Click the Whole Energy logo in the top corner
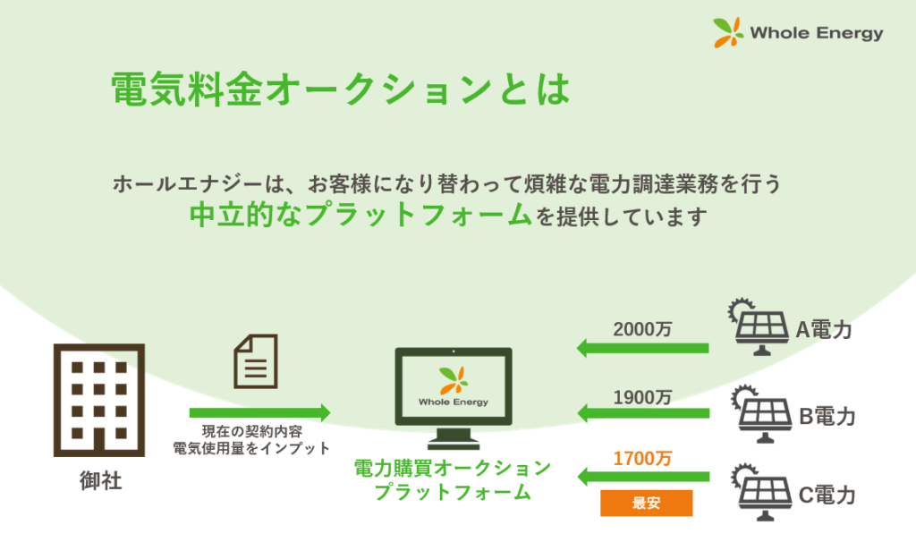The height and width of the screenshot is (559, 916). (798, 32)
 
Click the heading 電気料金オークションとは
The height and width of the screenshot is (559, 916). (341, 89)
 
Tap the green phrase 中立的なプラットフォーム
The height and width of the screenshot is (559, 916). (360, 215)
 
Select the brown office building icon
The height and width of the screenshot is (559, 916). (99, 400)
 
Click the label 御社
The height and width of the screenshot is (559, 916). (100, 480)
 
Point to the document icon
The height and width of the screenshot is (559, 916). (256, 361)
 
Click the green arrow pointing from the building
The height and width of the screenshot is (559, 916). (260, 412)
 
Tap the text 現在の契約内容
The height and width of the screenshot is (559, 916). (252, 432)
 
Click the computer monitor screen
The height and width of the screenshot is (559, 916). (454, 385)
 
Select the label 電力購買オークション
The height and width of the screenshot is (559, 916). (453, 468)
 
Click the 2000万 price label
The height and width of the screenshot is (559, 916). (642, 329)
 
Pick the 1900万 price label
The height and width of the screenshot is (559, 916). (642, 398)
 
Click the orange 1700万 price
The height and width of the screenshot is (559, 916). (642, 459)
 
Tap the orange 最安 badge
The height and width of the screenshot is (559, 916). (646, 503)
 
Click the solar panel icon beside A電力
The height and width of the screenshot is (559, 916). (759, 327)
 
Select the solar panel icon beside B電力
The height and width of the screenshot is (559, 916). (762, 413)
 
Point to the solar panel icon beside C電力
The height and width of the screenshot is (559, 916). (762, 492)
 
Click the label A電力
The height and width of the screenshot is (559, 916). (824, 330)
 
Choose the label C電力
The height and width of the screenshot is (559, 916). (827, 495)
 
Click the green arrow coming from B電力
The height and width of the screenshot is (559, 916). (643, 413)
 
